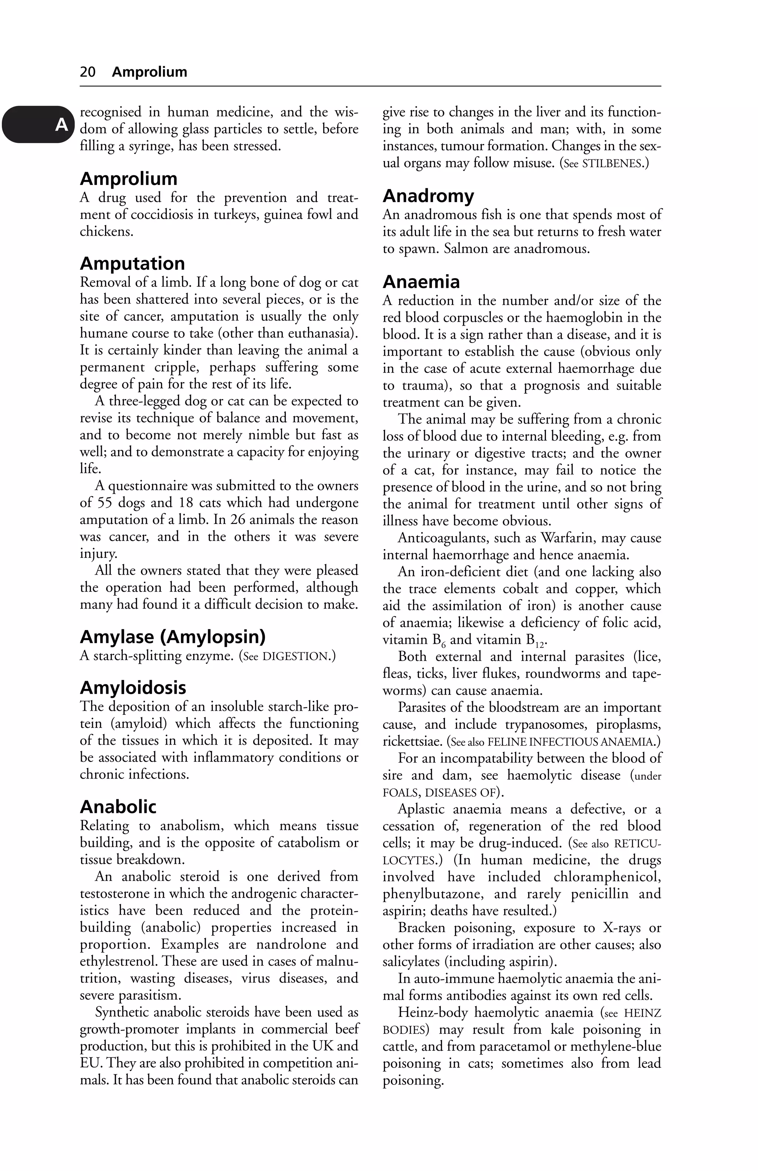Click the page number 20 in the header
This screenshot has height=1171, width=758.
(x=88, y=72)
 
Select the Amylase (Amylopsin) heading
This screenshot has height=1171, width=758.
(x=173, y=637)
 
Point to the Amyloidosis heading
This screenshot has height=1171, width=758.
(x=133, y=687)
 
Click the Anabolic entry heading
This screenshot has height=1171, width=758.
(x=118, y=807)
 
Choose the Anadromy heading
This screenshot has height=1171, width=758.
(x=428, y=196)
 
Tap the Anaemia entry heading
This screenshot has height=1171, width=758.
(x=421, y=282)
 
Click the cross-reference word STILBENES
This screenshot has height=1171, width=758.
(x=612, y=164)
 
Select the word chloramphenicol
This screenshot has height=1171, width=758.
(x=607, y=877)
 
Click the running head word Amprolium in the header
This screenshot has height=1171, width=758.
(x=149, y=72)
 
